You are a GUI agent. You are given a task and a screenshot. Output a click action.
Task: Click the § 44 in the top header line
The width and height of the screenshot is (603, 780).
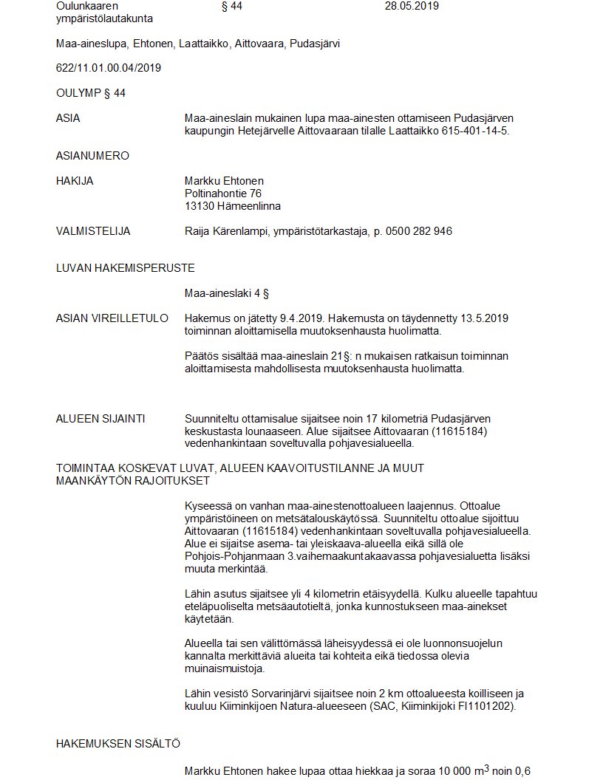(231, 6)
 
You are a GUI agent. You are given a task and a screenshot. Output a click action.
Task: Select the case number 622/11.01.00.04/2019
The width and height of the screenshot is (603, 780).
(109, 68)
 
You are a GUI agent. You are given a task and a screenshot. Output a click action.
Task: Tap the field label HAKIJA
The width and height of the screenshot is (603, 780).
(75, 181)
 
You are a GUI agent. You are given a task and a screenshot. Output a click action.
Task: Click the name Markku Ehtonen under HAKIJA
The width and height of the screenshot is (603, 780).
(224, 181)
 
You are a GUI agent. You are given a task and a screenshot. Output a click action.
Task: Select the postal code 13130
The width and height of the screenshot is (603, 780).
(199, 206)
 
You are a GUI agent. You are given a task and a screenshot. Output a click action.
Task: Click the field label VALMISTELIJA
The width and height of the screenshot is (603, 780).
(93, 231)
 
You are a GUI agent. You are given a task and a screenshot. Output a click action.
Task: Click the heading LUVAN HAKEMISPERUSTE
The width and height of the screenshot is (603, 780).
(125, 268)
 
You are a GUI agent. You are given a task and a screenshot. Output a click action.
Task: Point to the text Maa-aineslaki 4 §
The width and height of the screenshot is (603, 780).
(226, 293)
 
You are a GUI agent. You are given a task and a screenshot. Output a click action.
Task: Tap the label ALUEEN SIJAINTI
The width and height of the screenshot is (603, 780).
(100, 419)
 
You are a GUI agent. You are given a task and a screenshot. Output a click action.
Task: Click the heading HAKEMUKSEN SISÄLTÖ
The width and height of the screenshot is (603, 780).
(118, 744)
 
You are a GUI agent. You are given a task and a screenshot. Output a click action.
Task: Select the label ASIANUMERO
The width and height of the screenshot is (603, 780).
(92, 156)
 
